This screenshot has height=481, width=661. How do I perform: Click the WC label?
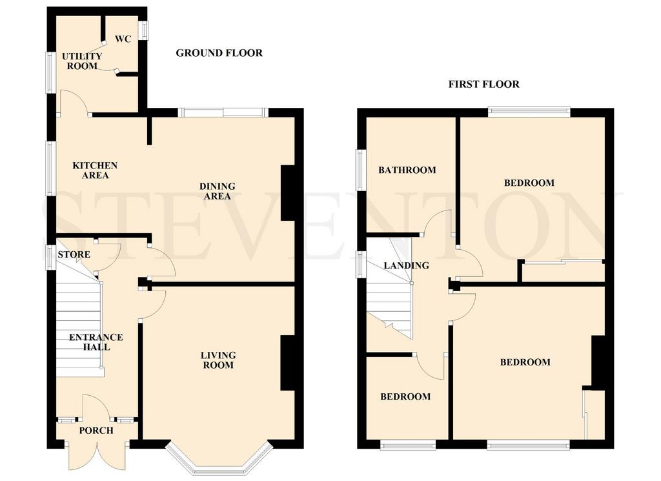coord(123,39)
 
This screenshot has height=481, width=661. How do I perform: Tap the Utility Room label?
coord(82,61)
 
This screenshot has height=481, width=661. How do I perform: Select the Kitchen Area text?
coord(95,170)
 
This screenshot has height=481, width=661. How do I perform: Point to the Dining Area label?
coord(218,191)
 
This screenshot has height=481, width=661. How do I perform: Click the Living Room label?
coord(218,360)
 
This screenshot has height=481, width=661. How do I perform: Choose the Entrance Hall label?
coord(96,342)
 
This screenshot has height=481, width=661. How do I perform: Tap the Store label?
coord(74,254)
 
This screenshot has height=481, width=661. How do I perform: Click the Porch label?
coord(96,431)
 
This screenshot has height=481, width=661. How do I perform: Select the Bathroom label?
coord(407,170)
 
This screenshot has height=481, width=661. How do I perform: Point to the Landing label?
coord(407,265)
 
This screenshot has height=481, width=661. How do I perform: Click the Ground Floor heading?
coord(219,53)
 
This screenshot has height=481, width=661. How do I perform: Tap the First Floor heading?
coord(484,84)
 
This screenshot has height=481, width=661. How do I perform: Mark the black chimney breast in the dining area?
coord(287,192)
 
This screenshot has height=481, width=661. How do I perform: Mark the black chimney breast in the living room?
coord(287,363)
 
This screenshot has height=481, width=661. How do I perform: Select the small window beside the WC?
coord(145,31)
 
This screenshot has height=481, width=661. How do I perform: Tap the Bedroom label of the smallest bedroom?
coord(405,396)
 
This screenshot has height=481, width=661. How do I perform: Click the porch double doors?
coord(97,455)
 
